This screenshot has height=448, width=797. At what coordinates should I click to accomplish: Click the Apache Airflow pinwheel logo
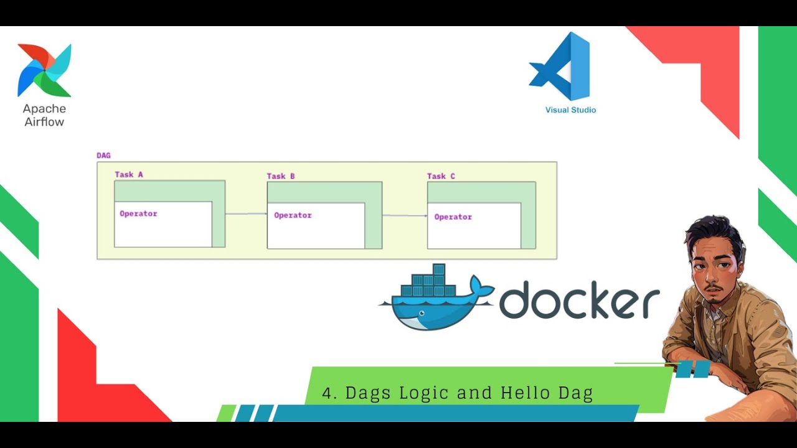[44, 70]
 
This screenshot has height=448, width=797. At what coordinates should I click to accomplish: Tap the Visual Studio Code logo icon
[559, 66]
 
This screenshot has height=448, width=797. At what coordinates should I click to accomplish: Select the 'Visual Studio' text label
[571, 110]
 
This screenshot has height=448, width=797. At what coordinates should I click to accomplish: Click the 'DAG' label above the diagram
[103, 156]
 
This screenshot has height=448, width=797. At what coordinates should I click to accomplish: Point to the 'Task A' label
[129, 175]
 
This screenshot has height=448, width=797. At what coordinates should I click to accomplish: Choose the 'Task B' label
[281, 176]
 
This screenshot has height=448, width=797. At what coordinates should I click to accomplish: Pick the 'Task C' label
[441, 176]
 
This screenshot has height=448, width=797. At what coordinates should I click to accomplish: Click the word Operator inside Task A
[138, 213]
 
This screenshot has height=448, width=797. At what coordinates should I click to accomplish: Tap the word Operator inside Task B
[293, 215]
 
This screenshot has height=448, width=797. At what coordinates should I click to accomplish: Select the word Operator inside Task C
[453, 217]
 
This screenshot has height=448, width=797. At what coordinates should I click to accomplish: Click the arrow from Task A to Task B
[246, 213]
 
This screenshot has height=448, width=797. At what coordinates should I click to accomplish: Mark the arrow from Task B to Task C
[405, 215]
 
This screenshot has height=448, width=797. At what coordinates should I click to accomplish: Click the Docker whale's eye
[422, 313]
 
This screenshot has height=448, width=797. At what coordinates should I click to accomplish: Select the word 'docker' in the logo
[580, 299]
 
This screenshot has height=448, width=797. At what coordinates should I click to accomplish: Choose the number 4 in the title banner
[327, 393]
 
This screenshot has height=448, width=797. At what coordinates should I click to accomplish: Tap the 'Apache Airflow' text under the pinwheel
[44, 115]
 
